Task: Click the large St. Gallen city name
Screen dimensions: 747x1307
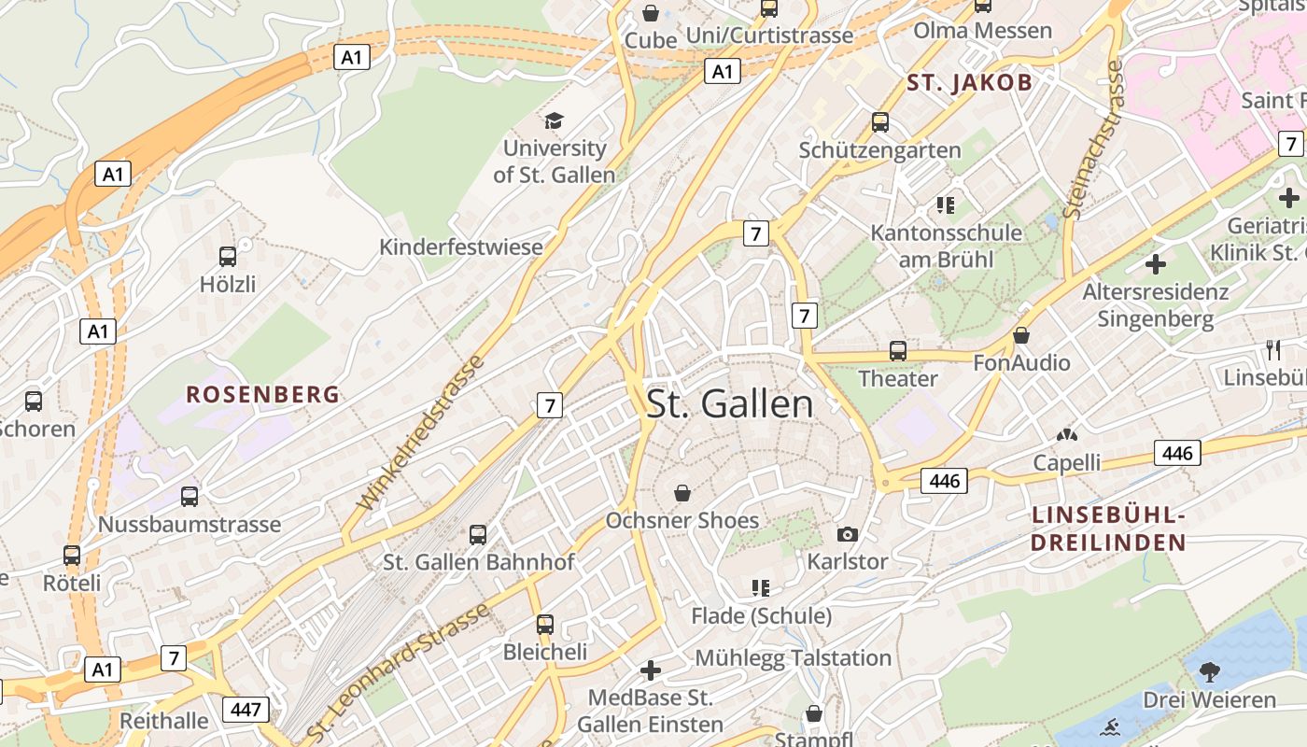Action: pyautogui.click(x=730, y=404)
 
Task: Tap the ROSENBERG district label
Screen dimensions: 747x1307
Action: pyautogui.click(x=262, y=394)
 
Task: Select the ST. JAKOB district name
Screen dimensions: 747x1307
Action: pyautogui.click(x=970, y=83)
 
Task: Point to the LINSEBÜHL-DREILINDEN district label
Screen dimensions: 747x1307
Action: pyautogui.click(x=1108, y=529)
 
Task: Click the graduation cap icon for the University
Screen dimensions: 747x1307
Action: pyautogui.click(x=555, y=120)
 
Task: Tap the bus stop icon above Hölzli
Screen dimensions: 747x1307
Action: pyautogui.click(x=227, y=256)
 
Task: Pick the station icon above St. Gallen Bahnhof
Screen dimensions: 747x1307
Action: pyautogui.click(x=478, y=535)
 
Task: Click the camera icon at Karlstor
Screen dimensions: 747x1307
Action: pyautogui.click(x=847, y=534)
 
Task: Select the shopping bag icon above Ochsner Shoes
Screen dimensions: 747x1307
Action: pyautogui.click(x=682, y=492)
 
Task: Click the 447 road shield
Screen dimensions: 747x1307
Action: pyautogui.click(x=246, y=710)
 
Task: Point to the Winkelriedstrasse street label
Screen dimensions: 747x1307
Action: pyautogui.click(x=422, y=432)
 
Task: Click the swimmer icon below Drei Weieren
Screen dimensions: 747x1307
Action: pyautogui.click(x=1112, y=726)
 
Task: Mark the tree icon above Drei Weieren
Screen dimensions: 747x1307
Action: pyautogui.click(x=1209, y=671)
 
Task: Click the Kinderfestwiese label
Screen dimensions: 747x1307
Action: pyautogui.click(x=460, y=247)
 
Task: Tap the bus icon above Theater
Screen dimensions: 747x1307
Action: pyautogui.click(x=897, y=351)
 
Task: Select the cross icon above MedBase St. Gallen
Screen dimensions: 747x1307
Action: pyautogui.click(x=651, y=670)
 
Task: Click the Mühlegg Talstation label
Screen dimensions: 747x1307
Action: pyautogui.click(x=793, y=658)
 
